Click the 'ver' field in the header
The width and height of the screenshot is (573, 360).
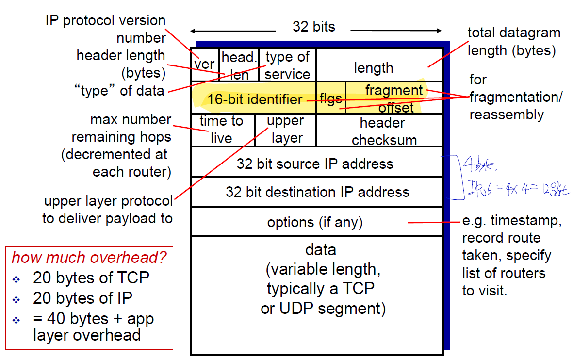[205, 65]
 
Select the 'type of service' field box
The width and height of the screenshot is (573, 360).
[287, 65]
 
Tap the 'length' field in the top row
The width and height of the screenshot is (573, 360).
[374, 67]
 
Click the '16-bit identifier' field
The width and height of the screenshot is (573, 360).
[255, 99]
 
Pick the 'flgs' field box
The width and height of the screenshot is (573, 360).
[330, 99]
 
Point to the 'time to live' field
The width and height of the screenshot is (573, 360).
[222, 130]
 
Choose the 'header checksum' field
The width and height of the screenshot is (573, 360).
[384, 131]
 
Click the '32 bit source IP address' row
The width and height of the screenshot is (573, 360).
[315, 164]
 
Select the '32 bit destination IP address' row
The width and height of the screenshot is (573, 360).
[317, 192]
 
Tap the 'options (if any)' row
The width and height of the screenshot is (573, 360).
[315, 222]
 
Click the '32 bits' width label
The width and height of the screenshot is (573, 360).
[314, 27]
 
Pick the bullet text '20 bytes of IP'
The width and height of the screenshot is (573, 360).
[82, 297]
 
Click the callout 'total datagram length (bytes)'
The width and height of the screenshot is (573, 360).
[513, 42]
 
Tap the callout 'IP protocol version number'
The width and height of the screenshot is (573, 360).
[106, 30]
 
